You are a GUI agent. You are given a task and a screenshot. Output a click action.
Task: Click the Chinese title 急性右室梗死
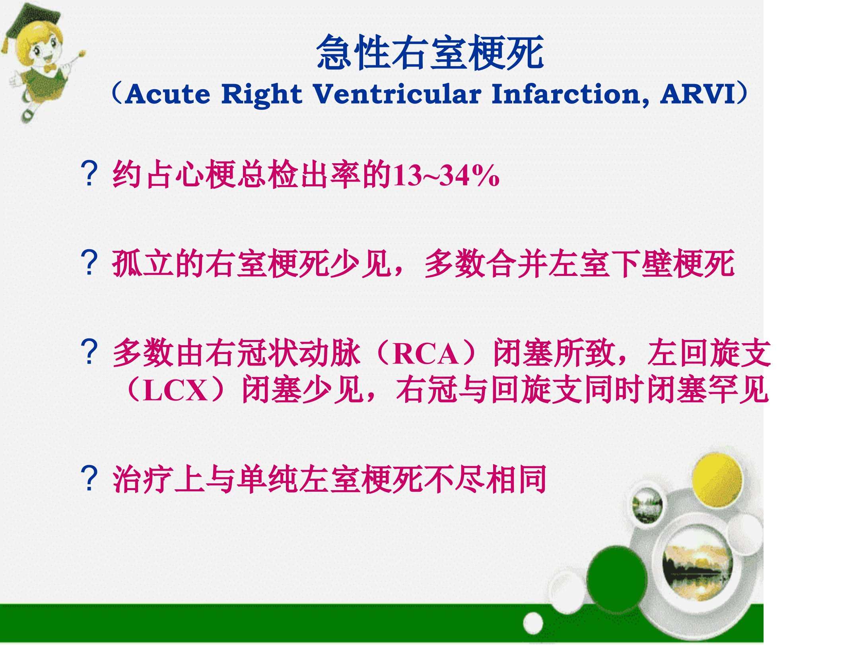pyautogui.click(x=430, y=53)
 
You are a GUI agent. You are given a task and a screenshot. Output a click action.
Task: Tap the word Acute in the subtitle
pyautogui.click(x=167, y=95)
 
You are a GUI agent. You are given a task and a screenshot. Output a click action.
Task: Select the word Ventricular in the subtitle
pyautogui.click(x=397, y=94)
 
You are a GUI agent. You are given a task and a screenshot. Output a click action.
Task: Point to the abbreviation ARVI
pyautogui.click(x=698, y=94)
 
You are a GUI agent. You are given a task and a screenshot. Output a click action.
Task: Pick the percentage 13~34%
pyautogui.click(x=446, y=175)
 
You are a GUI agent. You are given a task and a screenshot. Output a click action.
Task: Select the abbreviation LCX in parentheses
pyautogui.click(x=175, y=390)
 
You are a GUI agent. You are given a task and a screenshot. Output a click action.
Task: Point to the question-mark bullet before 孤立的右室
pyautogui.click(x=89, y=263)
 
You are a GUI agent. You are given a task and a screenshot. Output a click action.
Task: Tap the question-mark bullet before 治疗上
pyautogui.click(x=89, y=478)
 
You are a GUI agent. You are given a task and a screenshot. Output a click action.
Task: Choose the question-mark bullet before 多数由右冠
pyautogui.click(x=89, y=352)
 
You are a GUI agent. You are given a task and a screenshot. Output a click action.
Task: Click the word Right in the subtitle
pyautogui.click(x=261, y=95)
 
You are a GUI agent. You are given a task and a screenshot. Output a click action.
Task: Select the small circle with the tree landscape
pyautogui.click(x=647, y=505)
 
